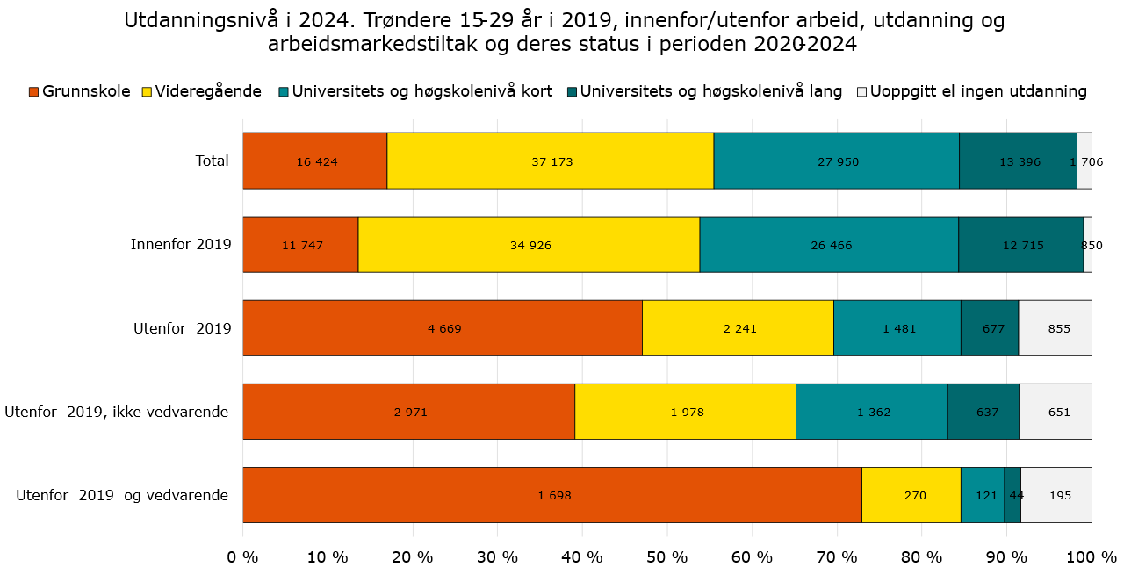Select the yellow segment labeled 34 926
coord(530,245)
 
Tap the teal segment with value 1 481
coord(897,328)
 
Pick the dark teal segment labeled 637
coord(983,412)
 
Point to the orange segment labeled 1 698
coord(554,495)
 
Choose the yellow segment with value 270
coord(911,495)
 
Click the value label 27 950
coord(836,162)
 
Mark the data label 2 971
coord(408,413)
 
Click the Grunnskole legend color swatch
coord(33,92)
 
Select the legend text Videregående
coord(208,91)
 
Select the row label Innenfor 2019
coord(180,245)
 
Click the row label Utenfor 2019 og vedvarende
coord(122,495)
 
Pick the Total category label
coord(212,161)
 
